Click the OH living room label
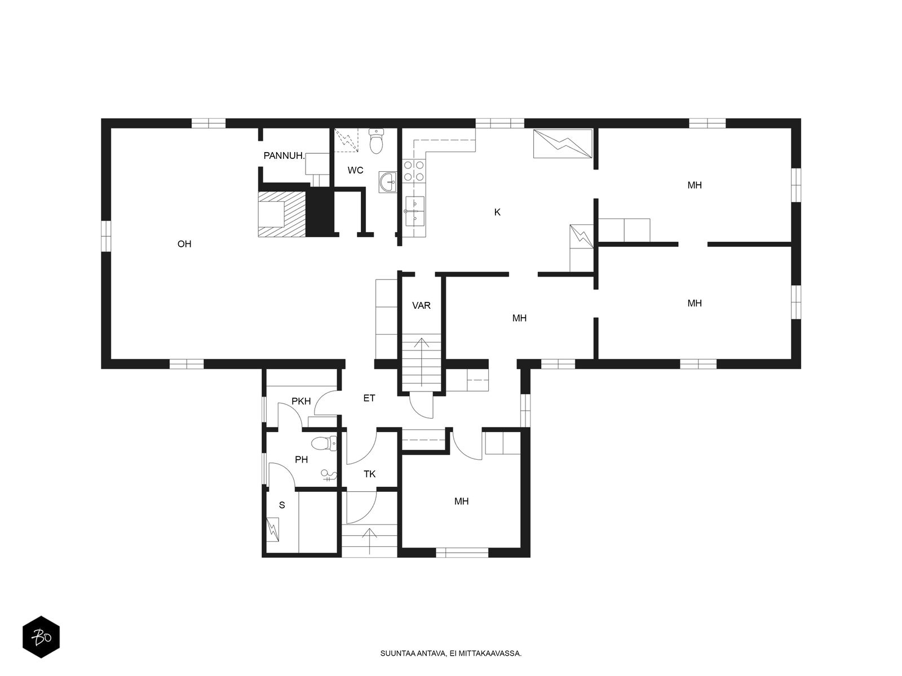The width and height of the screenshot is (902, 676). click(184, 244)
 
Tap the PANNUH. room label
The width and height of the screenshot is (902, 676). click(284, 156)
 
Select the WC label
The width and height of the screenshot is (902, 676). click(355, 170)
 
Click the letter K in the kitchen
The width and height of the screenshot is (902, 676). click(497, 212)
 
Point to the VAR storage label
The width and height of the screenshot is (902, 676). click(421, 305)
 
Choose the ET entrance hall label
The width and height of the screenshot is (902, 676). click(369, 398)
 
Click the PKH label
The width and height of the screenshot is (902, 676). click(301, 401)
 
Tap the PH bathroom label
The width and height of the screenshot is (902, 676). click(301, 459)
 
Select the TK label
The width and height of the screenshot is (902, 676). click(369, 474)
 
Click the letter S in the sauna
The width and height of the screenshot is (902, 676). click(282, 505)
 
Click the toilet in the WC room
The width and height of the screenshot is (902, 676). click(376, 141)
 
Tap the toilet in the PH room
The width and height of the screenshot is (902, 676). click(324, 444)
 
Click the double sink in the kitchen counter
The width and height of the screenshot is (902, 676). click(414, 211)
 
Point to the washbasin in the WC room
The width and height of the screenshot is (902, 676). click(387, 182)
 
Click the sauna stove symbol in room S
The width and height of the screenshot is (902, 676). click(272, 530)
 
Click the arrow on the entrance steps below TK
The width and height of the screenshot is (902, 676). click(369, 541)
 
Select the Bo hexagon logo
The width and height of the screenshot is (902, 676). click(41, 637)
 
